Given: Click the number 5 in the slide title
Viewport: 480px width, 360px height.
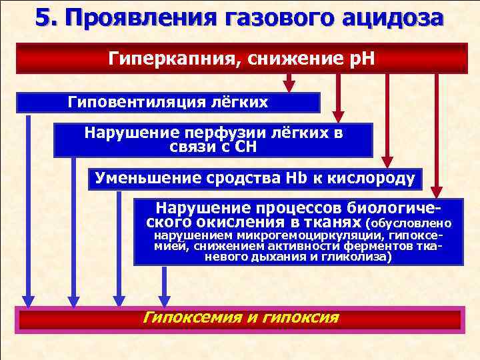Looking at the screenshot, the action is click(44, 18).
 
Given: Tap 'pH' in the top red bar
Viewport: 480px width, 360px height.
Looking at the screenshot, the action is click(361, 60).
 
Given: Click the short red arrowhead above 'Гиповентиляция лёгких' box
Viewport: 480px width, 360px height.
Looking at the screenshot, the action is click(289, 86).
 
